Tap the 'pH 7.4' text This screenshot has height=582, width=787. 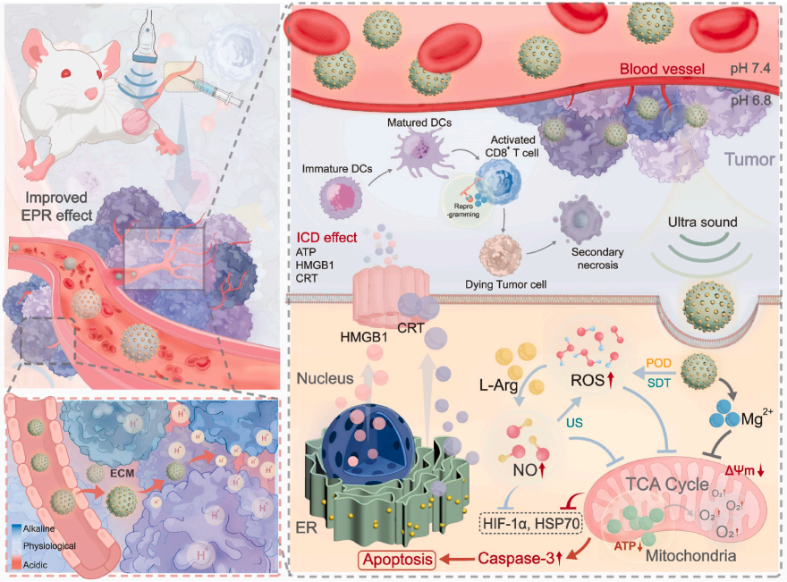[x=749, y=69]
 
